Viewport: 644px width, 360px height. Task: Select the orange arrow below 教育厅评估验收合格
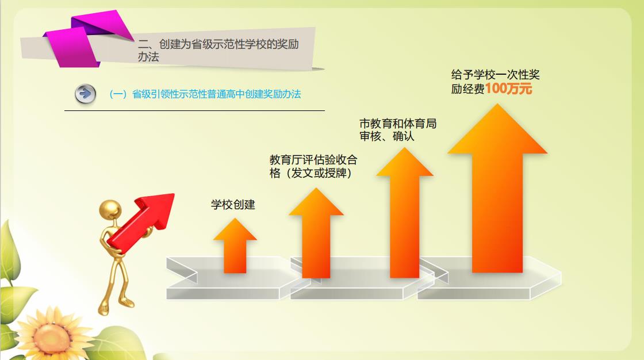(x=316, y=233)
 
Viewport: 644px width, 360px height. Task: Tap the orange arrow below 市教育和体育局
(x=405, y=212)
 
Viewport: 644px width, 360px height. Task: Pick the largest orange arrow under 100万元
(x=497, y=188)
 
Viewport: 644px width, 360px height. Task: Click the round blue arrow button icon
(x=86, y=94)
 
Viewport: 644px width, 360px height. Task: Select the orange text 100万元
(x=508, y=89)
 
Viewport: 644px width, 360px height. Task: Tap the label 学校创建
(x=233, y=204)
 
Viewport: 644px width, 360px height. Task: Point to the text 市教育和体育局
(x=397, y=123)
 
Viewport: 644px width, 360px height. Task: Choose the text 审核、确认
(x=386, y=136)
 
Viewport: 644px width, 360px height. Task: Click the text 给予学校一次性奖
(x=495, y=74)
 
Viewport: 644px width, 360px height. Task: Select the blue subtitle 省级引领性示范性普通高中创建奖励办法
(x=216, y=94)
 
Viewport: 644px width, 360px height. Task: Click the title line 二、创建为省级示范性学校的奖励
(x=218, y=44)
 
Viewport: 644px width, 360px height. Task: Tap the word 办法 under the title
(x=148, y=57)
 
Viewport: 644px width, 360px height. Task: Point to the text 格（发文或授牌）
(x=311, y=173)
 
